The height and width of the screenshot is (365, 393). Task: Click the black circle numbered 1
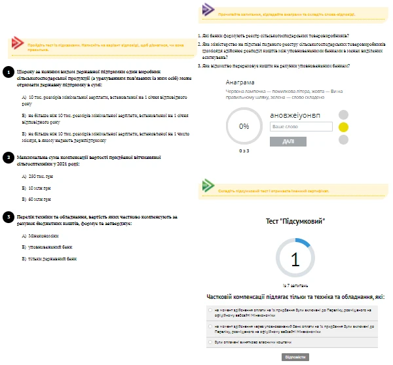click(x=7, y=69)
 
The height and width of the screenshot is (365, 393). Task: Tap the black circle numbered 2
click(x=7, y=157)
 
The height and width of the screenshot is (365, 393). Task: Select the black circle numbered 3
click(x=7, y=216)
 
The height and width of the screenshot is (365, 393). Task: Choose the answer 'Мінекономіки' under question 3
click(x=41, y=235)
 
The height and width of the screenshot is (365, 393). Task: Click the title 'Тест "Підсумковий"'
click(x=295, y=222)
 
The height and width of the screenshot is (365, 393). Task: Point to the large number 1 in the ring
click(x=295, y=260)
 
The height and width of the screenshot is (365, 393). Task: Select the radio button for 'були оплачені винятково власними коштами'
click(x=209, y=341)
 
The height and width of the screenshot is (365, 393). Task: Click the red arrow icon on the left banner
click(x=18, y=43)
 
